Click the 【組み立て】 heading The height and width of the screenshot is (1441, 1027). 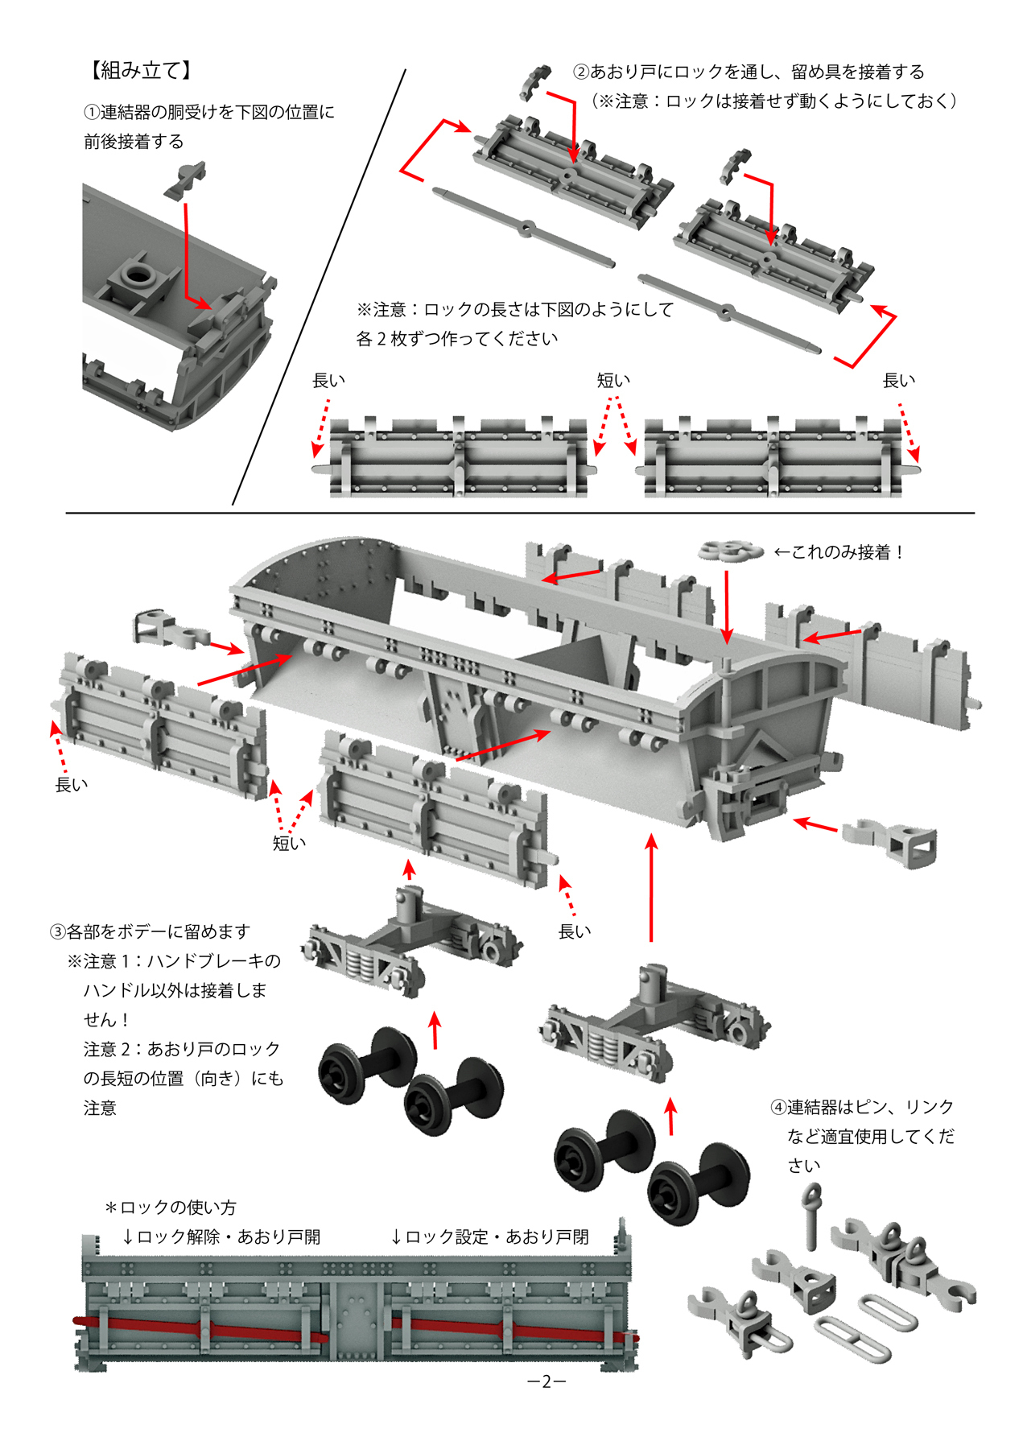(x=140, y=71)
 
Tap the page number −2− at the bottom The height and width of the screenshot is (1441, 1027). (x=546, y=1381)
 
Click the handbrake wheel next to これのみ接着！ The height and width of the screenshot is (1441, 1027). (x=730, y=551)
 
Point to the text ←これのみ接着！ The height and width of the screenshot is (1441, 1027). (x=839, y=552)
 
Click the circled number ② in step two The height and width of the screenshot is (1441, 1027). (x=581, y=72)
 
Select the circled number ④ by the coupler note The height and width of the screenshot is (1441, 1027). (x=778, y=1108)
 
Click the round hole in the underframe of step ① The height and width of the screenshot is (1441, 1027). (x=140, y=274)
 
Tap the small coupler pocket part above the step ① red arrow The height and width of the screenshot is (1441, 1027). (x=187, y=179)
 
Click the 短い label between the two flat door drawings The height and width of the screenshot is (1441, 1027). (x=613, y=380)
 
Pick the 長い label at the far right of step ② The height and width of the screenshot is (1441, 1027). (x=898, y=380)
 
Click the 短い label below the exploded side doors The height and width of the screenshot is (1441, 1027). (x=289, y=843)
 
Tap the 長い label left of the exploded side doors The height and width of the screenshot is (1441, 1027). (x=71, y=784)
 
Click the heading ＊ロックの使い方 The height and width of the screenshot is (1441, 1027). (x=171, y=1208)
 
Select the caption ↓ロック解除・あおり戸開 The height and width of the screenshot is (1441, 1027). (x=221, y=1237)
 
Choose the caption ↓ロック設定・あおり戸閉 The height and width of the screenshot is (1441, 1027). (x=489, y=1237)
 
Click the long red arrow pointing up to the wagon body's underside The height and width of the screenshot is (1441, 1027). (x=651, y=886)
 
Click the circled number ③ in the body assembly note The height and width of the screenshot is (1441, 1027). (x=57, y=932)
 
